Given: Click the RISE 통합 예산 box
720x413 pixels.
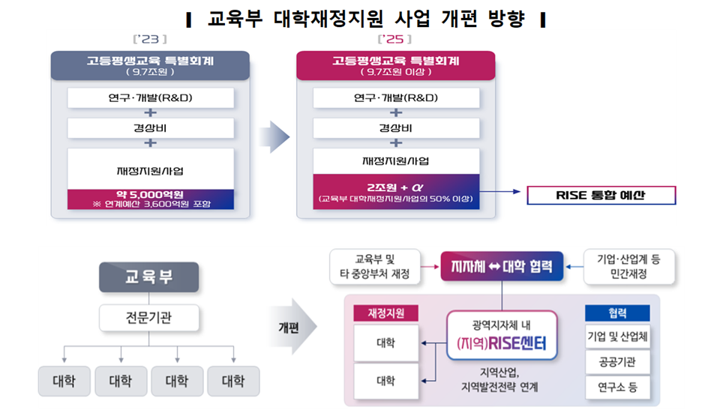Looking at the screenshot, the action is pos(601,195).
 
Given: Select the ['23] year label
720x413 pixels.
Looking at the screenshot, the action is pos(150,40).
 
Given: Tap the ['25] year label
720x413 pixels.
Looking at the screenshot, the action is pos(394,40).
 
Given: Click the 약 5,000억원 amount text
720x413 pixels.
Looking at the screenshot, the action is pos(150,195).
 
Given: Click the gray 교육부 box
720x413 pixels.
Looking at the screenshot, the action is pos(148,277).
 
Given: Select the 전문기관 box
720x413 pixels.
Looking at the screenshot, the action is pos(148,318).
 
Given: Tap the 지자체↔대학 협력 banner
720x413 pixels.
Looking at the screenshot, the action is pos(502,266).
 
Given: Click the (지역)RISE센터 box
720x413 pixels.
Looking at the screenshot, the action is pos(502,335).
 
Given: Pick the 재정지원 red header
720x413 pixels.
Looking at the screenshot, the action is pos(385,313).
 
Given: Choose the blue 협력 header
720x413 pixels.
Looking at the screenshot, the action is pos(617,313).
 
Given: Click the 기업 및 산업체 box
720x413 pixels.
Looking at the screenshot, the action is pos(617,337).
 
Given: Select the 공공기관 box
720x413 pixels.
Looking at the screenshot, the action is pos(617,362).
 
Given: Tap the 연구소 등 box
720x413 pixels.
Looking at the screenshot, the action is pos(617,388).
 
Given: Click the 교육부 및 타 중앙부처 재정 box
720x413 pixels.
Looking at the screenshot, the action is pos(375,267).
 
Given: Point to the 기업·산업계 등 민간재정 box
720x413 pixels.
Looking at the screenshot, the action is pos(628,267).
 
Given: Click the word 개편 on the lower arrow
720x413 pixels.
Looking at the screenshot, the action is pos(288,328).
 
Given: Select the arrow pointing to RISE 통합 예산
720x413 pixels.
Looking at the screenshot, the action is pos(500,191).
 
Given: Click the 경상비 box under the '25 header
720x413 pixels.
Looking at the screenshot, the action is pos(396,128).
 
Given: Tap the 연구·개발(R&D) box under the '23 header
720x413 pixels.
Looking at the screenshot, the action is pos(151,97).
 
